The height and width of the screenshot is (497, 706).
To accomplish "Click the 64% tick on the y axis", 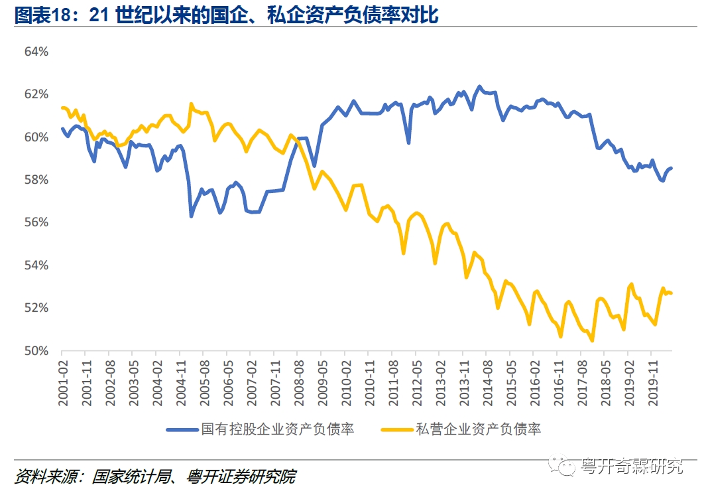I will pyautogui.click(x=36, y=51).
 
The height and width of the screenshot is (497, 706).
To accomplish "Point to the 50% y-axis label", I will pyautogui.click(x=36, y=350).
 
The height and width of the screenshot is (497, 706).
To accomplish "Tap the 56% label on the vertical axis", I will pyautogui.click(x=36, y=222).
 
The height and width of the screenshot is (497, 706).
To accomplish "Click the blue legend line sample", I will pyautogui.click(x=182, y=429).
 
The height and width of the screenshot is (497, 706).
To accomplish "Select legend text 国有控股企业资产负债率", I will pyautogui.click(x=278, y=429).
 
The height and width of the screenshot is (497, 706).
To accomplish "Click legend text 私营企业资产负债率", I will pyautogui.click(x=479, y=429).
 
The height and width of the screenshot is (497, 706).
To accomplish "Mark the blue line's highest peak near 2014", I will pyautogui.click(x=479, y=87).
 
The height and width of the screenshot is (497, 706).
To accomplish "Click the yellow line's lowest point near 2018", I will pyautogui.click(x=591, y=340).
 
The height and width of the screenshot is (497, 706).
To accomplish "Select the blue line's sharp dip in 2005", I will pyautogui.click(x=191, y=216).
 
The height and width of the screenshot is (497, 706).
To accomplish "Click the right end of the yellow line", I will pyautogui.click(x=671, y=293).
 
